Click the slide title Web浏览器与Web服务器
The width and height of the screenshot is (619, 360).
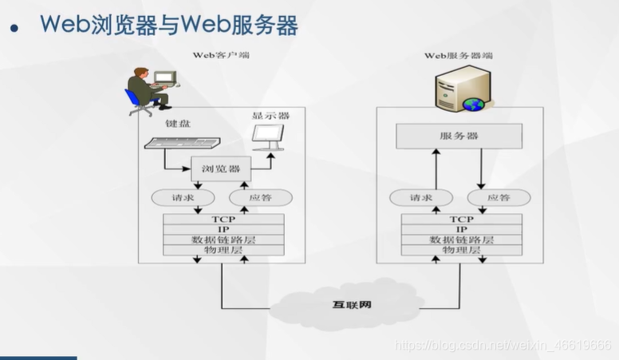(x=169, y=26)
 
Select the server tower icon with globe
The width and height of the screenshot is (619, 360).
(x=459, y=89)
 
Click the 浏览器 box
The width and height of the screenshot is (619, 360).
(x=221, y=169)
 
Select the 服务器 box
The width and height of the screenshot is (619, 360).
(x=459, y=136)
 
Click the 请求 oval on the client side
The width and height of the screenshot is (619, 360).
(x=178, y=197)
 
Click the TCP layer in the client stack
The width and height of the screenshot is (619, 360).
(x=223, y=219)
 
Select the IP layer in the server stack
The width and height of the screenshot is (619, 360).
(x=461, y=229)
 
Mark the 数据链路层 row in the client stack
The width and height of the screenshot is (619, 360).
(x=223, y=239)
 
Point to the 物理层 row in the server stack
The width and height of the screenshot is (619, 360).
(x=461, y=250)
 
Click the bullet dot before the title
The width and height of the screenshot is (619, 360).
(x=14, y=29)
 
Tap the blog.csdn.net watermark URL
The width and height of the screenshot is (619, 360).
(x=503, y=345)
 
